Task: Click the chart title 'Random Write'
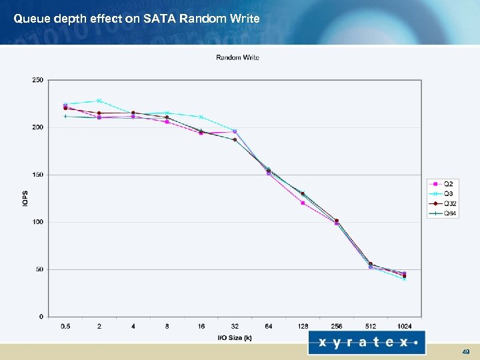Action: click(x=237, y=57)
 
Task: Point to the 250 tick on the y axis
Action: click(x=37, y=80)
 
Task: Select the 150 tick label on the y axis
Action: click(x=37, y=175)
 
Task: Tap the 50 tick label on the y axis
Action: click(x=39, y=269)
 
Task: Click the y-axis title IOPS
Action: click(x=25, y=198)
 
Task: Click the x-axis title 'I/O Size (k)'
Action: click(x=235, y=338)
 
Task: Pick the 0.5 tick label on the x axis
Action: click(x=65, y=326)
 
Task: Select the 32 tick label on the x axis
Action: click(x=235, y=326)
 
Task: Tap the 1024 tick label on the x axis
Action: click(x=404, y=326)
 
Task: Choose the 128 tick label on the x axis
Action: click(x=303, y=326)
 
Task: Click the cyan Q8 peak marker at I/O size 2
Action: click(x=99, y=101)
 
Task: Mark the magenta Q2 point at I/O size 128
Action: click(x=303, y=203)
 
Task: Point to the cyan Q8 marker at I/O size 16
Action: click(x=201, y=117)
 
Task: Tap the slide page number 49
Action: click(x=465, y=351)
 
